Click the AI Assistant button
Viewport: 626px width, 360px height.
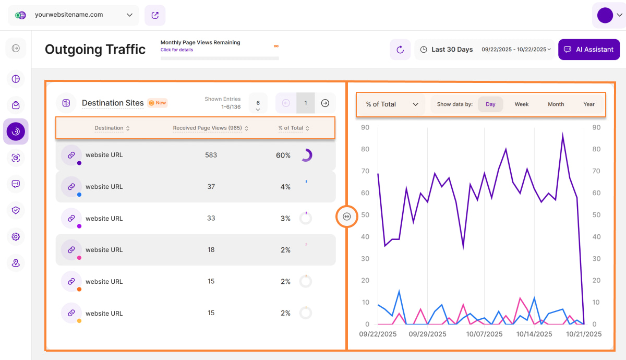click(589, 50)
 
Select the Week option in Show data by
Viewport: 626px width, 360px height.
click(522, 104)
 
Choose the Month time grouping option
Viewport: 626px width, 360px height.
click(556, 104)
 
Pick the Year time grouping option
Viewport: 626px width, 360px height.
click(589, 104)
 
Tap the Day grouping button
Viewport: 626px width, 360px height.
click(490, 104)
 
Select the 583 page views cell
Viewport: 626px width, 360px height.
click(211, 155)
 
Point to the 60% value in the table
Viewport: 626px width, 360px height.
click(283, 155)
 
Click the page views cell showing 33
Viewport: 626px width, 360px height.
click(211, 218)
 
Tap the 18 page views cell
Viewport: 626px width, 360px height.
click(211, 250)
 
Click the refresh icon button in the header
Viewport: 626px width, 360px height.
click(400, 50)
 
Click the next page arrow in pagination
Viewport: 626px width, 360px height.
click(325, 103)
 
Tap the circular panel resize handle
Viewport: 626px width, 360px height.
click(347, 217)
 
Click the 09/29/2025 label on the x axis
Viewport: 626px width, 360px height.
click(428, 334)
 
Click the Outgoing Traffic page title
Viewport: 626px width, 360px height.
click(95, 50)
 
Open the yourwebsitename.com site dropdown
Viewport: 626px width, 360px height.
click(74, 15)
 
